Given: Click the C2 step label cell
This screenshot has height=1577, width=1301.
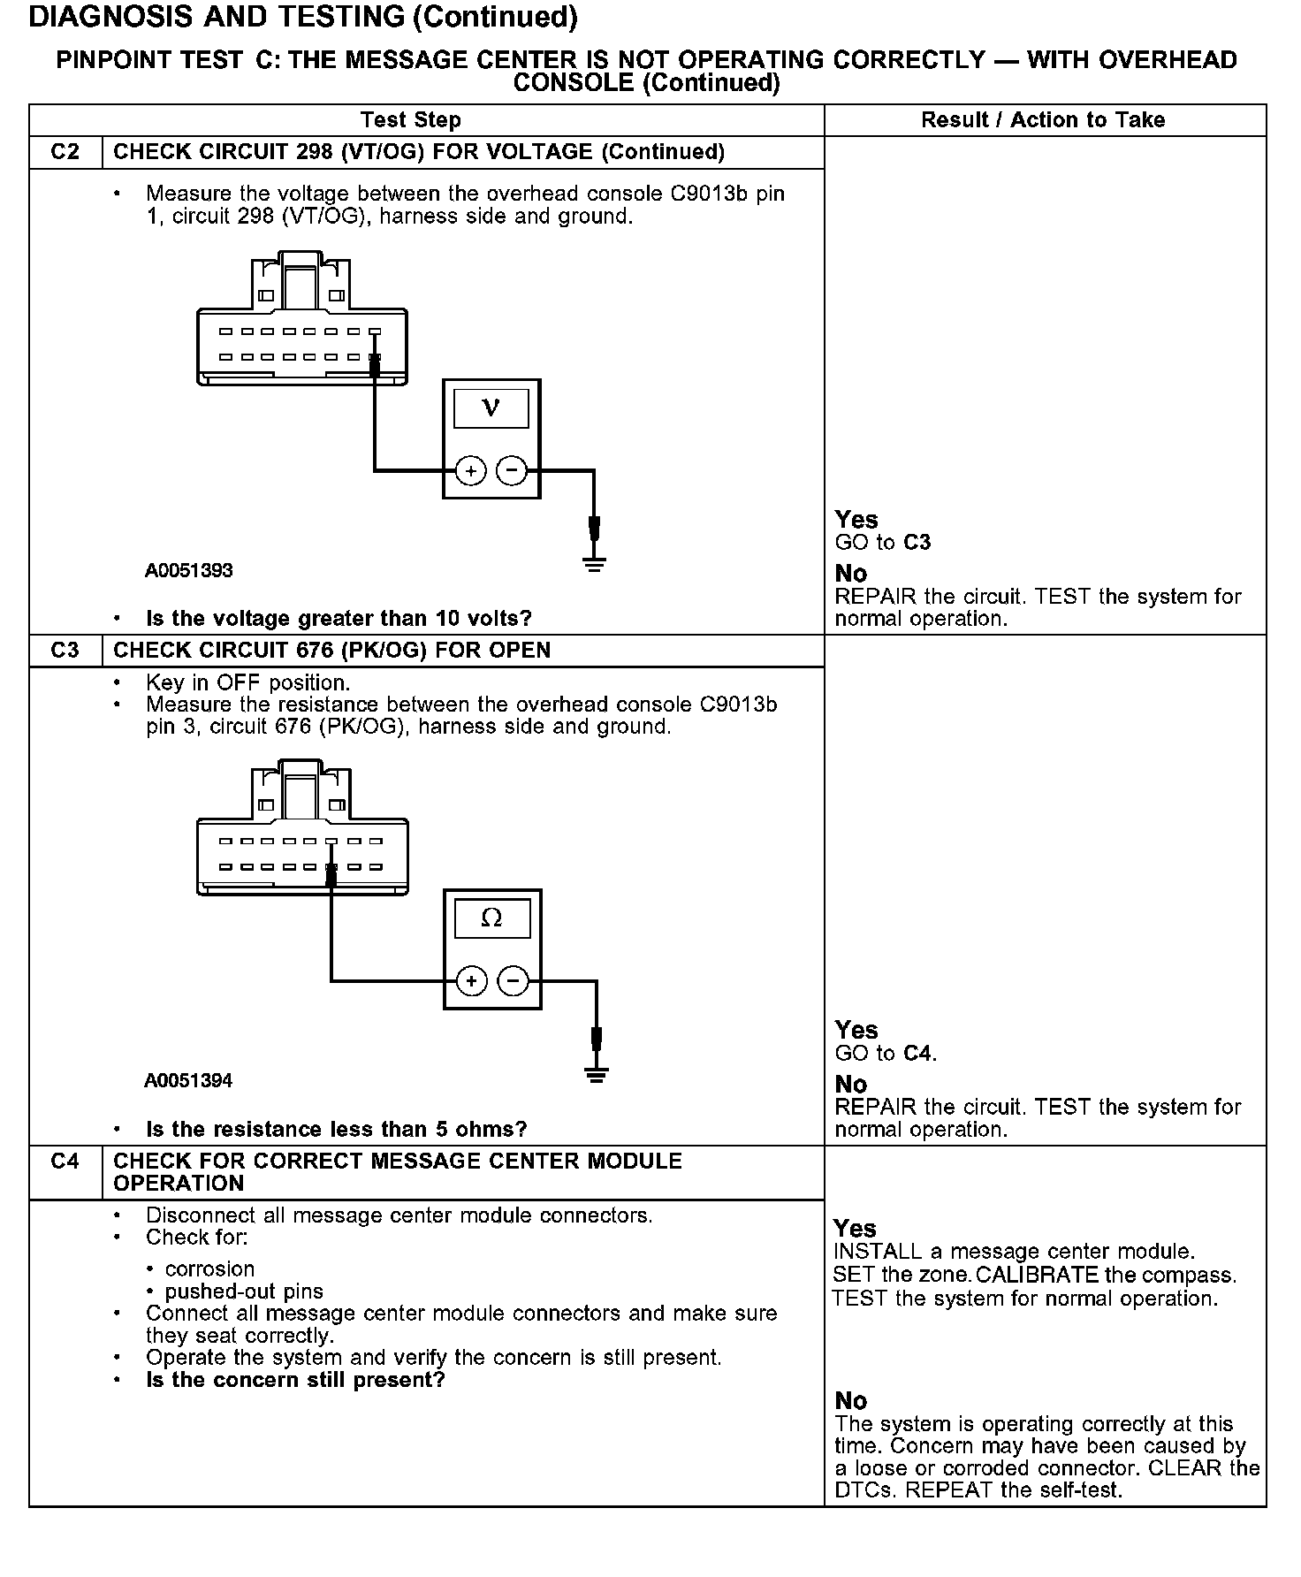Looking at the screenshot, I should tap(65, 152).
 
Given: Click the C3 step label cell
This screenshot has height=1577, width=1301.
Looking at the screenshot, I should tap(65, 651).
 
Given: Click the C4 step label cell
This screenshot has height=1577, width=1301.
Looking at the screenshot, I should tap(65, 1162).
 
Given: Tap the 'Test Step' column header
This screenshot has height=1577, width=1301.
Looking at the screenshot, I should tap(410, 120).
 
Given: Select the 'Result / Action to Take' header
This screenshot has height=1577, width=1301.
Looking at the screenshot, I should tap(1043, 120).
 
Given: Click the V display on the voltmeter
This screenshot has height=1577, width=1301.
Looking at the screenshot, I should tap(491, 408).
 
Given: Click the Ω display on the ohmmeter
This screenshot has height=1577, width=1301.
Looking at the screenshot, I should tap(491, 918).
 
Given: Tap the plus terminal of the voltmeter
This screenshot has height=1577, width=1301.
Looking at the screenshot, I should tap(471, 470).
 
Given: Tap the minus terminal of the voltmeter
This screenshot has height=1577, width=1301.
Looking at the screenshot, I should tap(512, 470).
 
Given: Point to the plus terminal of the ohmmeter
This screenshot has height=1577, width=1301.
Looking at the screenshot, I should tap(471, 980).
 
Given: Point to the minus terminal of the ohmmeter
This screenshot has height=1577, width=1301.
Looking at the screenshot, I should tap(513, 980).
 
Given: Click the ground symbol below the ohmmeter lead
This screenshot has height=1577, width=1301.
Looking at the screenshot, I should tap(597, 1075).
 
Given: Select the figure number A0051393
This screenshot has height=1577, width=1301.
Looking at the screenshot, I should tap(188, 571).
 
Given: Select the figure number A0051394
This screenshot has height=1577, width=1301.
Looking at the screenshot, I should tap(188, 1081).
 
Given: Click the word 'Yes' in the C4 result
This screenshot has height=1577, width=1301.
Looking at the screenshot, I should tap(855, 1229).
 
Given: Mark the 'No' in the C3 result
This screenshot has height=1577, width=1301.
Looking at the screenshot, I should tap(851, 1084).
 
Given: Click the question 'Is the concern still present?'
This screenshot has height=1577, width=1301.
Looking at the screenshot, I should tap(295, 1380).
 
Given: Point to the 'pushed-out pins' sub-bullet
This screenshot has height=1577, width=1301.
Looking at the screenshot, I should tap(244, 1291).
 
